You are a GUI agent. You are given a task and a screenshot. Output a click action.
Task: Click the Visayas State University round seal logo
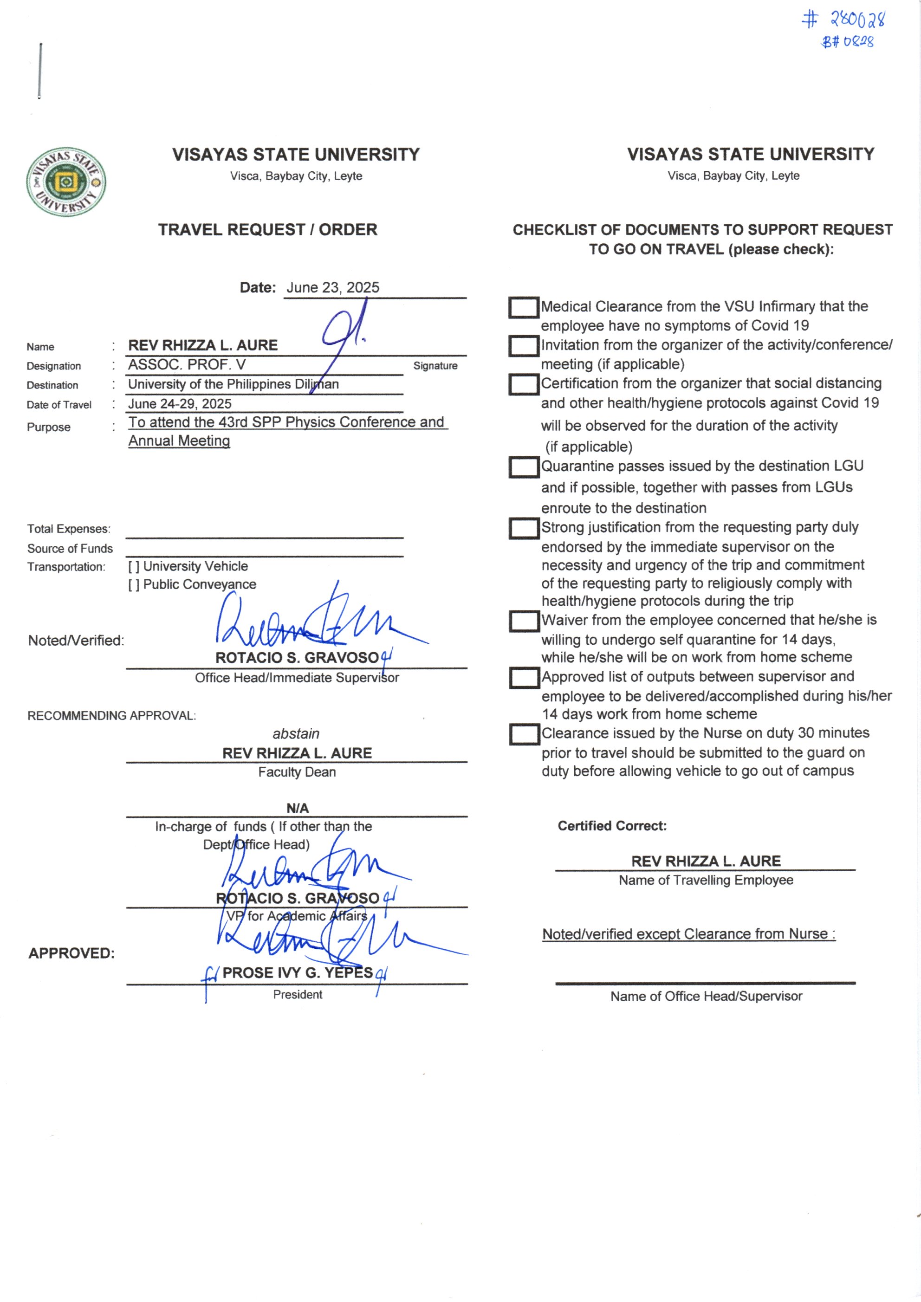[66, 182]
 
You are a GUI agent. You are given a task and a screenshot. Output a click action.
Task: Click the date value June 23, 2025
[332, 287]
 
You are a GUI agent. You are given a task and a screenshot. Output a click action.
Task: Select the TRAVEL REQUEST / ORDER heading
[268, 230]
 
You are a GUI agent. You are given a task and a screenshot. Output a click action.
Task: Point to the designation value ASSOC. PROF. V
[187, 365]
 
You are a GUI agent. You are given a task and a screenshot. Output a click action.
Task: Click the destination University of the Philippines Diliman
[233, 384]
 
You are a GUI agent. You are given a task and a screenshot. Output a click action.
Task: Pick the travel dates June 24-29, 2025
[180, 404]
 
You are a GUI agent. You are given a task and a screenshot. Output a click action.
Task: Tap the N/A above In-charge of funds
[297, 808]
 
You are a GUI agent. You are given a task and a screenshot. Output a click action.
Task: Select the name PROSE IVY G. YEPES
[297, 972]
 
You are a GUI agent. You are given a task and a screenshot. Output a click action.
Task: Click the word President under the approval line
[297, 994]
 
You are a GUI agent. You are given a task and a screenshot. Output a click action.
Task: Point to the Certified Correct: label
[612, 826]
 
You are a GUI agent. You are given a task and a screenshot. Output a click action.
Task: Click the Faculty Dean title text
[297, 772]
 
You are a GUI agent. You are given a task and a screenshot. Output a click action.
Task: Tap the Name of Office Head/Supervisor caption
[706, 997]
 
